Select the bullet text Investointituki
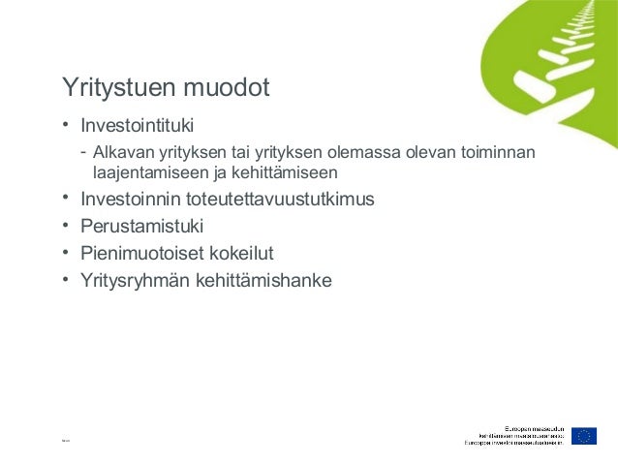pyautogui.click(x=138, y=126)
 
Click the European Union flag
pyautogui.click(x=583, y=436)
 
